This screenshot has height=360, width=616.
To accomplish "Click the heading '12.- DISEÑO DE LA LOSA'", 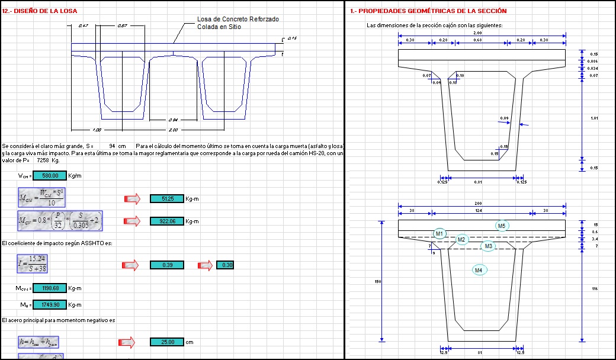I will [x=39, y=11].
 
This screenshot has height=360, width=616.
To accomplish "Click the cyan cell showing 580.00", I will [x=50, y=176].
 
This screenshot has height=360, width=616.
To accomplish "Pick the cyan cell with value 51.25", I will [x=167, y=199].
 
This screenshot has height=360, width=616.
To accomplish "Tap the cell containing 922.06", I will [x=167, y=221].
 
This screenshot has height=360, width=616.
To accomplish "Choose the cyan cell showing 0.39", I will [x=167, y=265].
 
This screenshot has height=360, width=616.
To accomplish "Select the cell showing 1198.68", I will [x=50, y=288].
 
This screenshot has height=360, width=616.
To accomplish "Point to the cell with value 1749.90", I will [x=50, y=305].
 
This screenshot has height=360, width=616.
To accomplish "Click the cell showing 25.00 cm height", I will [x=167, y=342].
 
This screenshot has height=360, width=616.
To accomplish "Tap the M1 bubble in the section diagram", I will [x=439, y=234].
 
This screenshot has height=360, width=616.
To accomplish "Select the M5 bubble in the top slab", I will [x=502, y=226].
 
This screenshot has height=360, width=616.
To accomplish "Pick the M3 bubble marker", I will [x=488, y=246].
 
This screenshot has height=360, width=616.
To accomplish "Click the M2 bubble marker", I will [x=463, y=240].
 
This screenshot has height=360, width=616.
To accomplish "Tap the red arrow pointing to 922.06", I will [x=131, y=221].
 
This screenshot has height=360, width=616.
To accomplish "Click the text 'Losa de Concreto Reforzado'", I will [x=238, y=20].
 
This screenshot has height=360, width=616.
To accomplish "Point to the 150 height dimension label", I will [x=377, y=281].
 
